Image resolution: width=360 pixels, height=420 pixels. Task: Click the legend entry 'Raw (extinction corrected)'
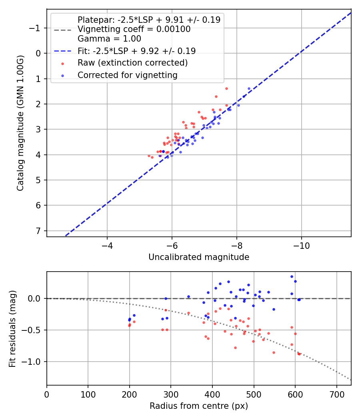click(x=132, y=63)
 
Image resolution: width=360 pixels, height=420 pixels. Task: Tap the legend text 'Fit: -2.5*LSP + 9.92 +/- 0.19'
click(x=136, y=51)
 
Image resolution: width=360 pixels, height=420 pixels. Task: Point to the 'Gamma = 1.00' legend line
click(x=109, y=39)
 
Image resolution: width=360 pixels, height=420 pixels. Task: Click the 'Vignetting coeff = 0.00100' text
click(x=134, y=29)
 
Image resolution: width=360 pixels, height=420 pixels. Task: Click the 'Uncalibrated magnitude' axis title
click(x=199, y=257)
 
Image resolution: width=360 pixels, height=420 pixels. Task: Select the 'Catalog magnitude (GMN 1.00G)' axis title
click(x=20, y=123)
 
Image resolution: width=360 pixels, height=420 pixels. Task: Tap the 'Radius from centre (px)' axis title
click(x=199, y=406)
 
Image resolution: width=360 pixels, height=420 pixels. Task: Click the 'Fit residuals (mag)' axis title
click(x=12, y=328)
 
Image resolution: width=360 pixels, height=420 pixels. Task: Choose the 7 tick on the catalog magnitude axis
click(x=39, y=231)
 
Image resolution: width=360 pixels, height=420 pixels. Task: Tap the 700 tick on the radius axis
click(x=336, y=394)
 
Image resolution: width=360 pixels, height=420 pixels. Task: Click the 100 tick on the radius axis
click(x=88, y=394)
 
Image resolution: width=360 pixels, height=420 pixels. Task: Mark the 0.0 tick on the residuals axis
click(x=35, y=298)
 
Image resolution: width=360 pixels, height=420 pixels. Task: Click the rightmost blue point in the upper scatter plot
click(x=249, y=88)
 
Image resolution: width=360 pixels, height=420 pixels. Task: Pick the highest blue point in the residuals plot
click(x=292, y=276)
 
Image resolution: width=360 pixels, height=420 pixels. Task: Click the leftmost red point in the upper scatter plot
click(x=149, y=156)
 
